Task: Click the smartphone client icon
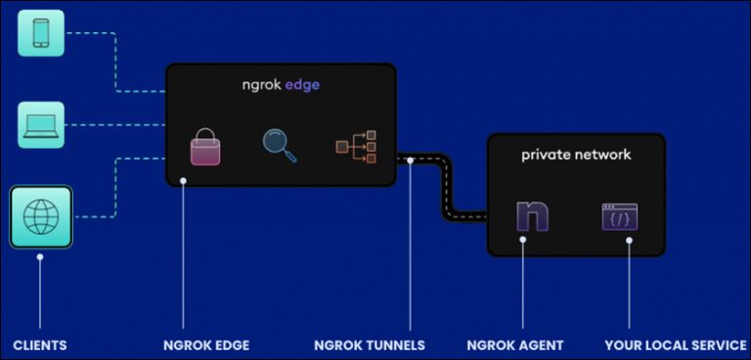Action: click(x=41, y=33)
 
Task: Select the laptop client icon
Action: click(x=41, y=124)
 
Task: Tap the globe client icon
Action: click(x=41, y=216)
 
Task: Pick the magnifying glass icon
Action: click(x=280, y=145)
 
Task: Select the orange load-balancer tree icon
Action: click(x=356, y=147)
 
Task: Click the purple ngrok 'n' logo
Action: click(x=532, y=214)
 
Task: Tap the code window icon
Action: click(x=619, y=216)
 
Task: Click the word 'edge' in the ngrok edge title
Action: click(x=302, y=85)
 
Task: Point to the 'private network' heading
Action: click(x=576, y=155)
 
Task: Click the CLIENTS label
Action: click(x=40, y=345)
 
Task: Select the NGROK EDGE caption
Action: click(x=206, y=345)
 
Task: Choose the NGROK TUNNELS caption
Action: click(x=370, y=345)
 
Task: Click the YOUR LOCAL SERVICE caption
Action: click(x=666, y=345)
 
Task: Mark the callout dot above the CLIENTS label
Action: click(x=40, y=257)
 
